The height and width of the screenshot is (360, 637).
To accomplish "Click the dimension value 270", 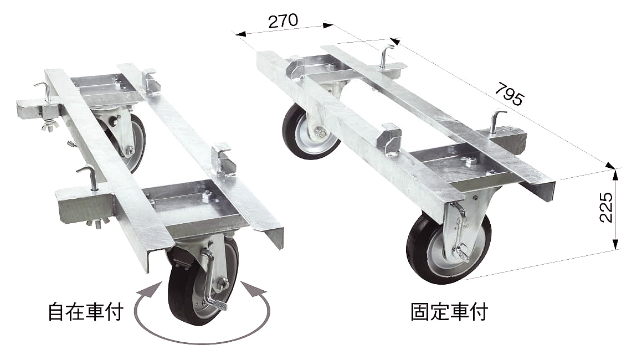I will click(283, 21).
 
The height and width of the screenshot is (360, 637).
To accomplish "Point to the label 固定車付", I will click(449, 312).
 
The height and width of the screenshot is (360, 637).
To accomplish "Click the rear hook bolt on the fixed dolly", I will click(386, 55).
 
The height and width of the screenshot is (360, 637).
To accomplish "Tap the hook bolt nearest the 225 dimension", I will click(495, 121).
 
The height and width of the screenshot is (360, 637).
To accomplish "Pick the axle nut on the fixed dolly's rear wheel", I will click(321, 133).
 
